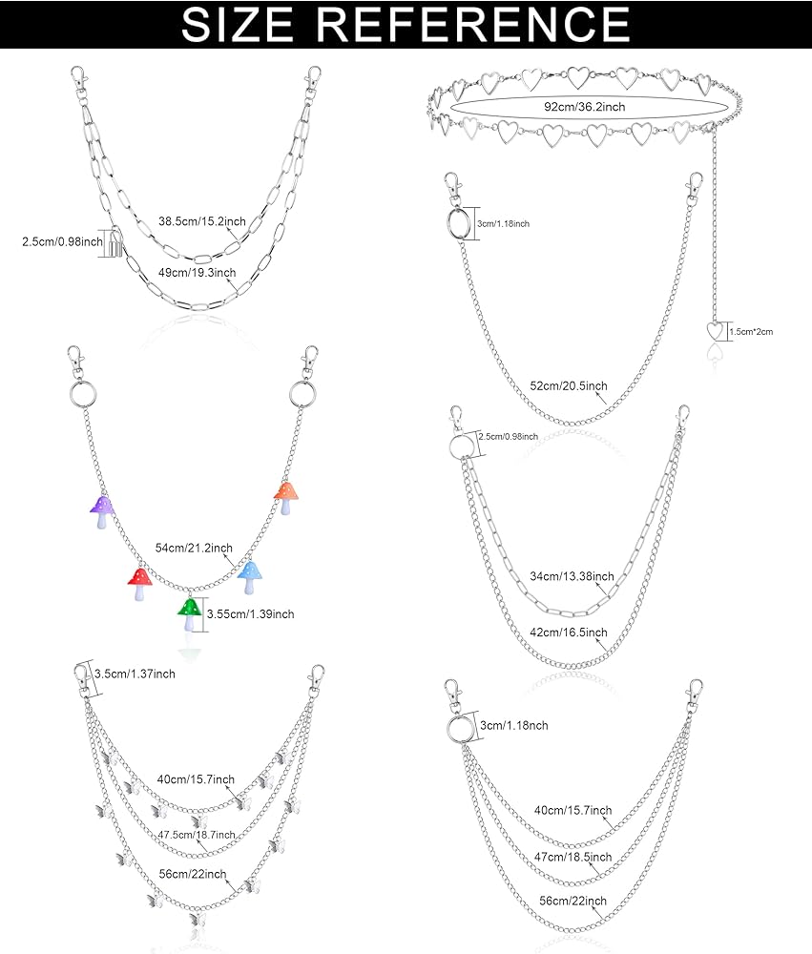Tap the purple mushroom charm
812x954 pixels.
[102, 510]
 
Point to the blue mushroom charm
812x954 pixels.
[249, 576]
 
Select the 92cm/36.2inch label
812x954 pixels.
[585, 107]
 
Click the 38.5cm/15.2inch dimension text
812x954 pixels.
[203, 221]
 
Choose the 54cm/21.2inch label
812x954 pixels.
[195, 548]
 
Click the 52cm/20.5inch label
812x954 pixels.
[570, 385]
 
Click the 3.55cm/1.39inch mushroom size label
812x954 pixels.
[251, 613]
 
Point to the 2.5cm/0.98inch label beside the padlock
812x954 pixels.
[61, 242]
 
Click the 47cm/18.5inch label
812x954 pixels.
[573, 858]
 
